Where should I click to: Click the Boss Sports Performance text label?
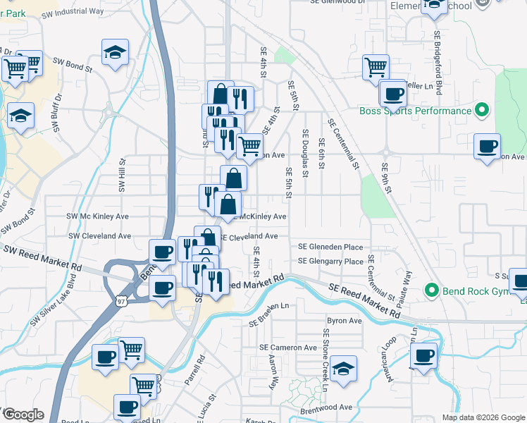[x=415, y=111]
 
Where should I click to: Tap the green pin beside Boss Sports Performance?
[x=482, y=110]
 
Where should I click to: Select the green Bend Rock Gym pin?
[x=431, y=290]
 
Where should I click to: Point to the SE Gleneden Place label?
[x=330, y=247]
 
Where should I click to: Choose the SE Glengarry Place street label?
[x=330, y=261]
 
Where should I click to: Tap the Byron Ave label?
[x=344, y=321]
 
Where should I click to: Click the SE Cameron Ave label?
[x=288, y=348]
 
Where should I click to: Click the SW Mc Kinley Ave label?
[x=98, y=216]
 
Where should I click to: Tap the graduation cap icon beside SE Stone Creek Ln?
[x=343, y=369]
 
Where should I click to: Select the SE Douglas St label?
[x=306, y=152]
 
